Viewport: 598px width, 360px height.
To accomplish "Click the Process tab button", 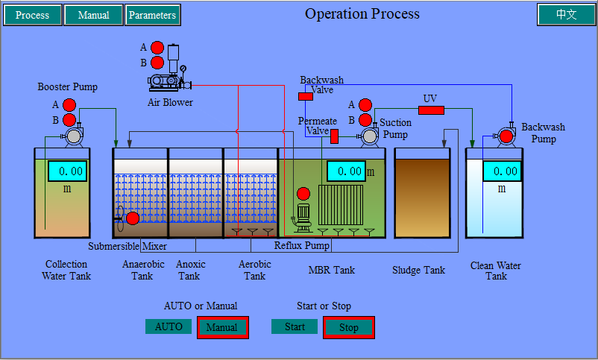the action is pyautogui.click(x=32, y=15).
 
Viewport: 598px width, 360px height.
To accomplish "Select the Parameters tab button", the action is pyautogui.click(x=153, y=15).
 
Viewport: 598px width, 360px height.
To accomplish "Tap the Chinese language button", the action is pyautogui.click(x=566, y=14).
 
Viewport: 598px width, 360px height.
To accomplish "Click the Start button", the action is pyautogui.click(x=295, y=326).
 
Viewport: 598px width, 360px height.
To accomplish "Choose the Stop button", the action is pyautogui.click(x=348, y=328).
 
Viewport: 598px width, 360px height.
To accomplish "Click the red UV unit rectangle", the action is pyautogui.click(x=431, y=110).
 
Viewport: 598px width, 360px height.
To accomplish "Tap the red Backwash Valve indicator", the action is pyautogui.click(x=306, y=96).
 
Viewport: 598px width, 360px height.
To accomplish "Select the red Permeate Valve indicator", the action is pyautogui.click(x=335, y=136).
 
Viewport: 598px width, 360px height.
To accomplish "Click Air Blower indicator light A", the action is pyautogui.click(x=157, y=48).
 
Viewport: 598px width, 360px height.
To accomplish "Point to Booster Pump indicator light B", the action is pyautogui.click(x=69, y=120).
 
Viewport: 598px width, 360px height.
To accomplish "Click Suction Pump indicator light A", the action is pyautogui.click(x=365, y=105).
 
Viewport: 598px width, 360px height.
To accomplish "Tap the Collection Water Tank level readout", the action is pyautogui.click(x=68, y=171).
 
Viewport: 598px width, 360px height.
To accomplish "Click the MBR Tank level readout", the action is pyautogui.click(x=346, y=171).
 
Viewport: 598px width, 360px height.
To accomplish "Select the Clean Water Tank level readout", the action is pyautogui.click(x=503, y=171).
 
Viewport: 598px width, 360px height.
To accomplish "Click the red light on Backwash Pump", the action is pyautogui.click(x=506, y=136).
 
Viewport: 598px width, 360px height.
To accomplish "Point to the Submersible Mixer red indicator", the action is pyautogui.click(x=133, y=218).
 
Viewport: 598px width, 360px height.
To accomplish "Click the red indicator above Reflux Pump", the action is pyautogui.click(x=303, y=194).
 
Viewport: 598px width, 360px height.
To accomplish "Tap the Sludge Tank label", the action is pyautogui.click(x=418, y=271).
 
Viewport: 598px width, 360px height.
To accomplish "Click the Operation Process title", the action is pyautogui.click(x=362, y=13).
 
